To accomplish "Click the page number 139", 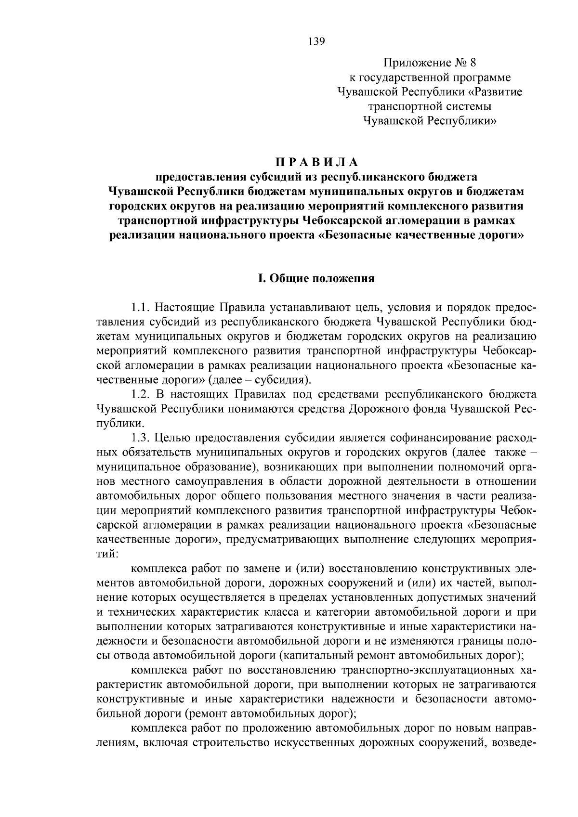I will click(316, 41).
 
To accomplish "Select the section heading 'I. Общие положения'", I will click(316, 278).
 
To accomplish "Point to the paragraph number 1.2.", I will click(142, 395).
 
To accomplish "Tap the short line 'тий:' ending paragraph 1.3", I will click(107, 554).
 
